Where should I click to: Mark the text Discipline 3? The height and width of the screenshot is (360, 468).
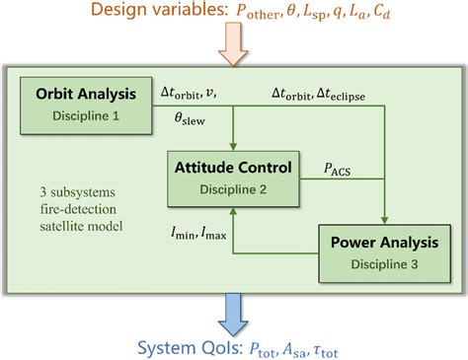pyautogui.click(x=380, y=257)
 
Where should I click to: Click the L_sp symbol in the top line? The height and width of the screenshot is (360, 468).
pyautogui.click(x=336, y=13)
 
